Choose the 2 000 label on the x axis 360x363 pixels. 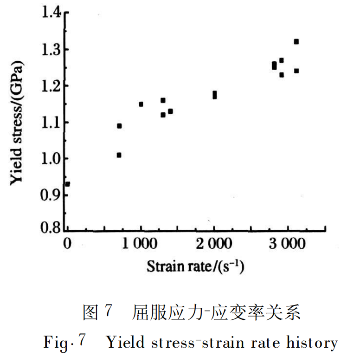click(x=214, y=244)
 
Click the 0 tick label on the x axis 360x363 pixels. click(x=68, y=244)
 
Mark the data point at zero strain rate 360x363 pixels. click(x=68, y=184)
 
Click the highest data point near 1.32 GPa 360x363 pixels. click(x=296, y=42)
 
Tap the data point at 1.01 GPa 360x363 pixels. click(x=119, y=155)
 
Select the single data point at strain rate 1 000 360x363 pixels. click(x=141, y=104)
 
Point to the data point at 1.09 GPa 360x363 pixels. click(x=119, y=126)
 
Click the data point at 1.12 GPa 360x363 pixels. click(x=163, y=115)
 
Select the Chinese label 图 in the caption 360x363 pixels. click(x=91, y=312)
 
